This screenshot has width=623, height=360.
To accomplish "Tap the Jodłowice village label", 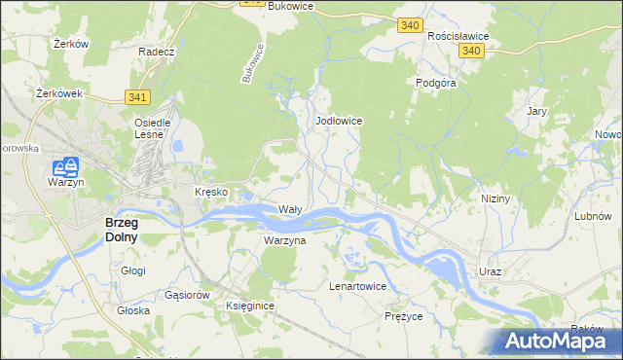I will pos(340,121).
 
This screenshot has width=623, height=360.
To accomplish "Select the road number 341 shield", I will pos(137,96).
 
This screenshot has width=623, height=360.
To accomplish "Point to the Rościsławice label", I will pos(458,35).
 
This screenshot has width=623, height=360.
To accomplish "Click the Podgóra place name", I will pos(437,84).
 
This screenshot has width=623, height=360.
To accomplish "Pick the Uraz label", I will pos(490,271).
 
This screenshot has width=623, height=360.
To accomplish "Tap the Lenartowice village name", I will pos(357,287).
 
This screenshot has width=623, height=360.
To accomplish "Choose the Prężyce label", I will pos(403,317).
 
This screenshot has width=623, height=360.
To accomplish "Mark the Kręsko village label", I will pos(211,192).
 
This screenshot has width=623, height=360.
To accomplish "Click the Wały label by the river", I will pos(291,209).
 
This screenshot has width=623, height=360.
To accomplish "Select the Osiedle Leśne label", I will pos(152,128).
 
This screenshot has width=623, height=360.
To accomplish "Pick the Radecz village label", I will pos(156,52).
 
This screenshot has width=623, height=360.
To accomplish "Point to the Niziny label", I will pos(495,198).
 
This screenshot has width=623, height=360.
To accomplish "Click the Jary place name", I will pos(536,112).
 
